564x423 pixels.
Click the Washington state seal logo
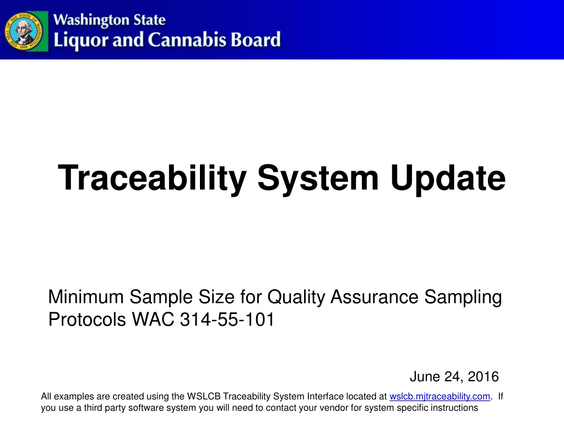(25, 31)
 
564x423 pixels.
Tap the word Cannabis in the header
(187, 40)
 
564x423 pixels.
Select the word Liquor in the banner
(80, 40)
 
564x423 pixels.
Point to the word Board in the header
(256, 40)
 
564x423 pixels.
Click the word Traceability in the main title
(152, 178)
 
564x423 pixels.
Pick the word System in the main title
(318, 178)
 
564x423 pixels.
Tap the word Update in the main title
(448, 178)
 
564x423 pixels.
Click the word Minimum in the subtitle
(86, 297)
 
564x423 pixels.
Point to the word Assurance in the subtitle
(375, 297)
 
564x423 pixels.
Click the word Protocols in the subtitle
(87, 319)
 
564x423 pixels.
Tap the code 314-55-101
(227, 319)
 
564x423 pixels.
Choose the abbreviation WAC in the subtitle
(153, 319)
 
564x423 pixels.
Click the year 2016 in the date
(483, 377)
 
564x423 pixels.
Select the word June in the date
(425, 377)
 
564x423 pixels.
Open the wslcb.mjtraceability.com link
(440, 397)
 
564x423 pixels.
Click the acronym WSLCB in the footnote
(204, 397)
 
